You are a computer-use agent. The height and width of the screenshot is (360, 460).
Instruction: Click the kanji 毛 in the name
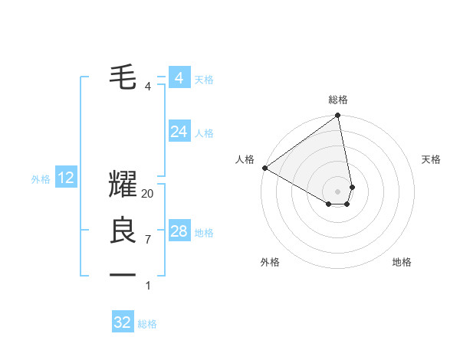123,76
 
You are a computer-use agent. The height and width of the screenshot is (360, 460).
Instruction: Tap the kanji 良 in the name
123,230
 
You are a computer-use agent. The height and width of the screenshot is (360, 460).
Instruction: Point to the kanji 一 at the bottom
123,273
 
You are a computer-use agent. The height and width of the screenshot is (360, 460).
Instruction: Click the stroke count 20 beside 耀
148,195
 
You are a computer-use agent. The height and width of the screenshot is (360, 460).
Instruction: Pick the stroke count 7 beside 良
148,240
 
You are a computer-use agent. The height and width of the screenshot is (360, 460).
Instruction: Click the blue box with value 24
179,132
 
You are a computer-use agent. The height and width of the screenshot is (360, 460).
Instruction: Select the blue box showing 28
179,231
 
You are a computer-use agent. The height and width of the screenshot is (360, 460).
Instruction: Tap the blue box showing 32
123,322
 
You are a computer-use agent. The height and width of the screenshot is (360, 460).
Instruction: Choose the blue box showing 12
66,178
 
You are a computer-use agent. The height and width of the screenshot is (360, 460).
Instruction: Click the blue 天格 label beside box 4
204,80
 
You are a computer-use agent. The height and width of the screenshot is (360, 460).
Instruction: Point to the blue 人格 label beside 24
204,133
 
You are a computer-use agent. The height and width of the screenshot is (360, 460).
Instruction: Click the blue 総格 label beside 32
147,324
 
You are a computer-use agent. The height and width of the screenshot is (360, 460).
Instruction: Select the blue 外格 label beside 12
41,179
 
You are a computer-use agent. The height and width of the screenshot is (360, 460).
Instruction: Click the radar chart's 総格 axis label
338,100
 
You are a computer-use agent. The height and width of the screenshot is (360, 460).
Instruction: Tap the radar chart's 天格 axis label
431,159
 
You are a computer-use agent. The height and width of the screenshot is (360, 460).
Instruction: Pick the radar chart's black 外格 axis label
270,262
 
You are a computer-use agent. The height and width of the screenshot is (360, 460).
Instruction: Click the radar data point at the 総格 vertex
338,116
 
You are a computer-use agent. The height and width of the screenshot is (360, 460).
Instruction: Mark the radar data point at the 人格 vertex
264,168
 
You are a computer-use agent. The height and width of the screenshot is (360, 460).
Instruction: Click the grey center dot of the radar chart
338,191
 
